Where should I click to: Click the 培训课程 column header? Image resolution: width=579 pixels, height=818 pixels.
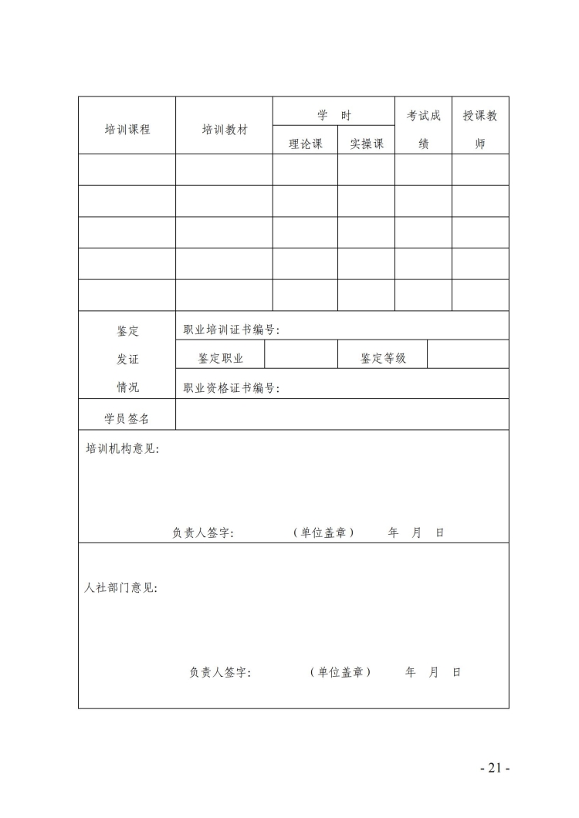tap(127, 130)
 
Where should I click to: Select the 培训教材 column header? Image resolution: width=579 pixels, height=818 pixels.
tap(224, 130)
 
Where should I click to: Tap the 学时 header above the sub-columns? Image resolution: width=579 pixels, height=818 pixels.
tap(334, 116)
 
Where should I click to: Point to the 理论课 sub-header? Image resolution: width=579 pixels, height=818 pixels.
tap(305, 144)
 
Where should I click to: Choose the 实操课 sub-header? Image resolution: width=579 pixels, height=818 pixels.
tap(367, 144)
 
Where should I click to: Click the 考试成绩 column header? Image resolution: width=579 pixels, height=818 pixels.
tap(424, 129)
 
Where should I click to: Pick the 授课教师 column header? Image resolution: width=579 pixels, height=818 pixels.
tap(480, 129)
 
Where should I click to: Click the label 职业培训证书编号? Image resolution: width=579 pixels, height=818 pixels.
tap(231, 330)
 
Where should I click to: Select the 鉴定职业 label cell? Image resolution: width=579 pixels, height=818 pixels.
tap(221, 358)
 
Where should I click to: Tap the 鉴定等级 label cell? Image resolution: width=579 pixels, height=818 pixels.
tap(383, 358)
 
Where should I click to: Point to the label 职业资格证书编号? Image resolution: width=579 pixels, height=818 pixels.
tap(231, 388)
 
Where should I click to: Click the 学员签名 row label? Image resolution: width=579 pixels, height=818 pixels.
tap(127, 418)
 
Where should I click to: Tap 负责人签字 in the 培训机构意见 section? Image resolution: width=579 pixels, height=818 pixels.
tap(203, 532)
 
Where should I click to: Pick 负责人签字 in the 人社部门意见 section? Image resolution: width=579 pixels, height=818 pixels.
tap(220, 672)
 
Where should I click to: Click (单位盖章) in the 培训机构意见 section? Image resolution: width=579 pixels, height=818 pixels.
tap(323, 532)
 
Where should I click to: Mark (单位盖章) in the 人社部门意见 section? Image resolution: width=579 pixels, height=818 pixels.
tap(340, 672)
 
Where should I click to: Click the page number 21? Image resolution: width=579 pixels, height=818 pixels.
tap(495, 768)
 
